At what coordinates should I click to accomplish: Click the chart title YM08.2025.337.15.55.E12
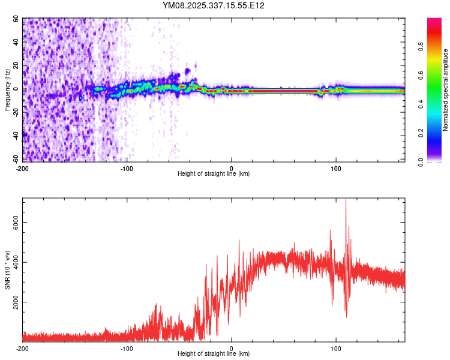click(214, 5)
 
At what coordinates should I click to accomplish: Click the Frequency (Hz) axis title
click(7, 90)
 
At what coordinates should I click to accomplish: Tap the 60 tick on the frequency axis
click(16, 19)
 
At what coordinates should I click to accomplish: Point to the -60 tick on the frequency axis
click(14, 159)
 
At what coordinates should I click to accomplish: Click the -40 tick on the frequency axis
click(14, 136)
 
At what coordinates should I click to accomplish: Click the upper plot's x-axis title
click(214, 173)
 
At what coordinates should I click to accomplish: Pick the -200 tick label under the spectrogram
click(23, 167)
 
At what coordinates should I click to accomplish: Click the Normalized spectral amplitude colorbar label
click(445, 90)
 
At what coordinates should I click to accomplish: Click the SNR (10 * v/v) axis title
click(7, 269)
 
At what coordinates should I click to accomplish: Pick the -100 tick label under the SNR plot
click(127, 348)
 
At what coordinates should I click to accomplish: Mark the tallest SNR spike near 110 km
click(346, 200)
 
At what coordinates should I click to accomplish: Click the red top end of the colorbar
click(434, 21)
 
